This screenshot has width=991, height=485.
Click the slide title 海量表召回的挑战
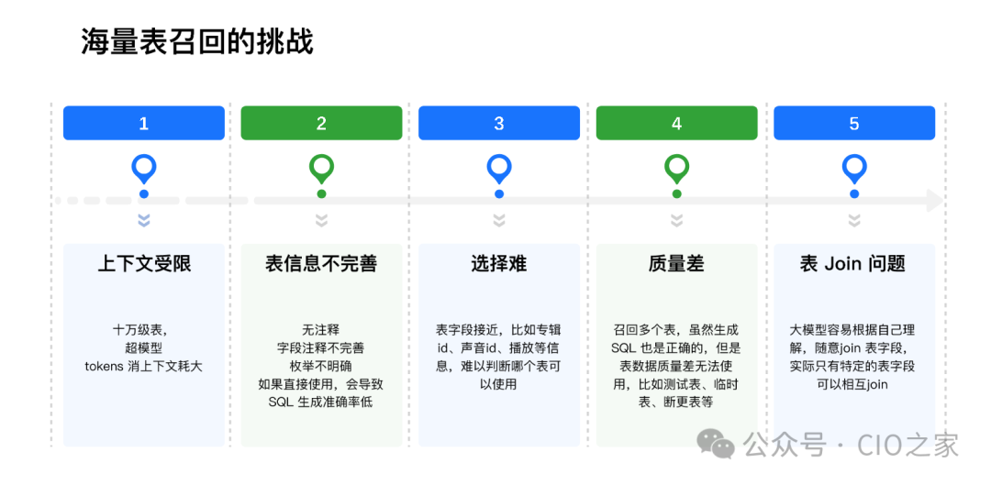click(x=197, y=42)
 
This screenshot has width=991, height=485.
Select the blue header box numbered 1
click(x=144, y=123)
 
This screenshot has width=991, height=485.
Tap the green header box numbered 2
click(x=321, y=123)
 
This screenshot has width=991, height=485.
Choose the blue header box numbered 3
click(x=499, y=123)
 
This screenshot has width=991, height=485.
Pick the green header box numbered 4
click(x=676, y=123)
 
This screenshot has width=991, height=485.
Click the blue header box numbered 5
click(x=854, y=123)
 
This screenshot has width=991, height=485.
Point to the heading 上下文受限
click(x=144, y=264)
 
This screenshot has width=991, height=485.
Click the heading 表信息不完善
click(x=321, y=264)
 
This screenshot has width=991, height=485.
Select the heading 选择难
click(x=499, y=264)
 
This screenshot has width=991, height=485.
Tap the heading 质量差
click(x=676, y=264)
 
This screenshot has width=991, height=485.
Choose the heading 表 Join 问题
click(x=853, y=264)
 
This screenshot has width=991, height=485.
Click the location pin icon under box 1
click(x=144, y=168)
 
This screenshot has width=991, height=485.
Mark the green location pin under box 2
click(x=321, y=168)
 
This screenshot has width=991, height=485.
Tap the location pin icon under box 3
click(x=499, y=168)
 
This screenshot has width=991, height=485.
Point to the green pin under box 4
click(x=676, y=168)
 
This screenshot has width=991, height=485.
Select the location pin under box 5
click(x=854, y=168)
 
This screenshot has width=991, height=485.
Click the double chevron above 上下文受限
click(x=144, y=220)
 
